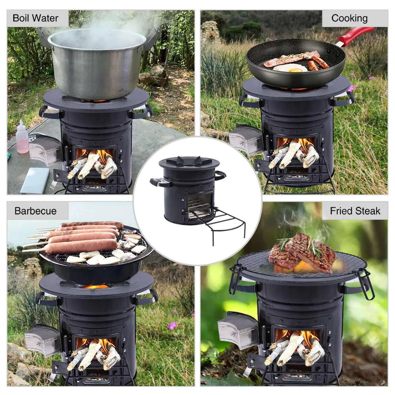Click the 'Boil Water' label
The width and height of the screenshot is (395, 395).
[x=36, y=18]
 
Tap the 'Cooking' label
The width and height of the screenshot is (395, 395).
[x=350, y=18]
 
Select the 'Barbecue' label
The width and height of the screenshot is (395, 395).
[x=36, y=211]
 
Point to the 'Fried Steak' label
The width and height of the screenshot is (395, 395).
[x=355, y=211]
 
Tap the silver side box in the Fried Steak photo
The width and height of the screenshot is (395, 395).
[x=237, y=330]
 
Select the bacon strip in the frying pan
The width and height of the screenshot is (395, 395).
[x=291, y=58]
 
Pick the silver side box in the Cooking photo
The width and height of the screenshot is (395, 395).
[x=245, y=139]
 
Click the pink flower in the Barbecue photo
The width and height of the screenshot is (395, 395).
[x=172, y=325]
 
